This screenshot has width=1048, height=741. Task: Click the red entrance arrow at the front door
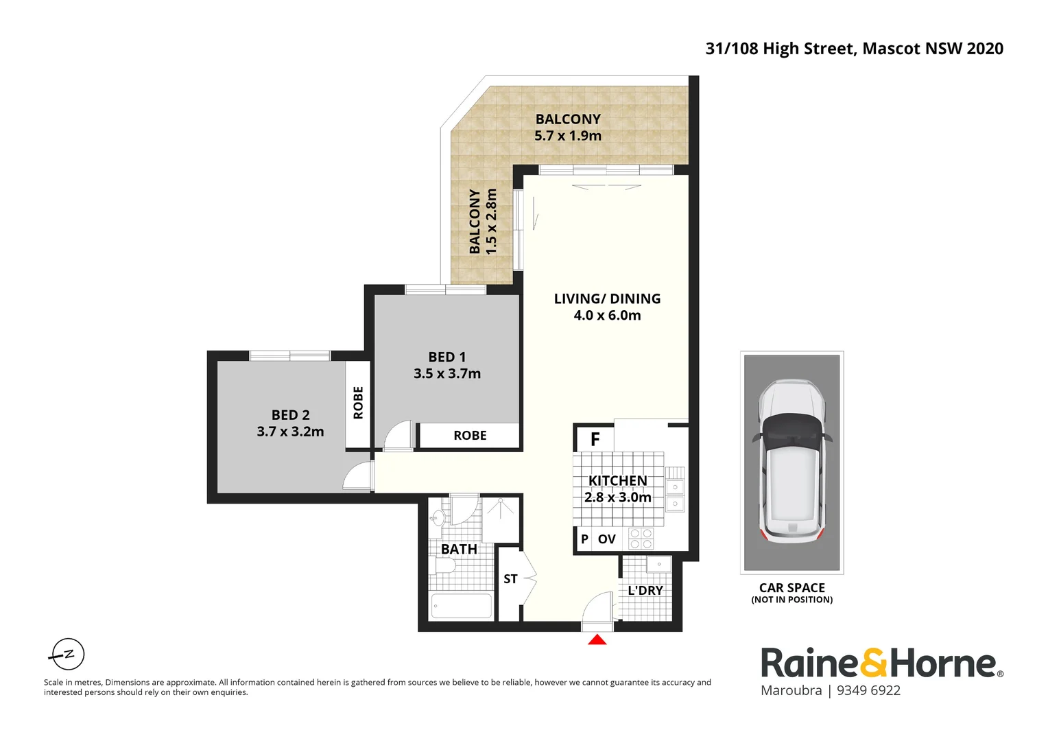click(597, 640)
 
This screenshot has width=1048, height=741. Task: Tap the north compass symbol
click(68, 654)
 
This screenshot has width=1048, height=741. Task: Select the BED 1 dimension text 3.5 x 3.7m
click(446, 374)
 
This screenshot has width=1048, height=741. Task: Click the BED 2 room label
click(290, 415)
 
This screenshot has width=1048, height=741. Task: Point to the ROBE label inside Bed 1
click(470, 436)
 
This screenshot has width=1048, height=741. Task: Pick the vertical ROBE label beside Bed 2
click(358, 403)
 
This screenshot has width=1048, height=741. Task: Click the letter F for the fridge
click(595, 439)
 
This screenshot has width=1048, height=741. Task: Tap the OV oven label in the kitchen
click(606, 539)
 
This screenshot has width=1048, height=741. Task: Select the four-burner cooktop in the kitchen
click(641, 539)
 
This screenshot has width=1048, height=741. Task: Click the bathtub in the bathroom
click(461, 607)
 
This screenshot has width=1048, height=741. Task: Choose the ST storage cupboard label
click(510, 579)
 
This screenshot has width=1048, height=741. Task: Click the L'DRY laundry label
click(645, 591)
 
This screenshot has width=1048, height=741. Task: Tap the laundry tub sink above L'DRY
click(658, 565)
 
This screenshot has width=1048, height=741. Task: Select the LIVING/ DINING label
click(607, 299)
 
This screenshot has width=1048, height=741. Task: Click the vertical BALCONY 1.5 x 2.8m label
click(482, 222)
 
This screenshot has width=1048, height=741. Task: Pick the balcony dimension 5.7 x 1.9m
click(567, 136)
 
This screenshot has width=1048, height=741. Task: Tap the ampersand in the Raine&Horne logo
click(873, 663)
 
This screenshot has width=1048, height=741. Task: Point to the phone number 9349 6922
click(868, 691)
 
